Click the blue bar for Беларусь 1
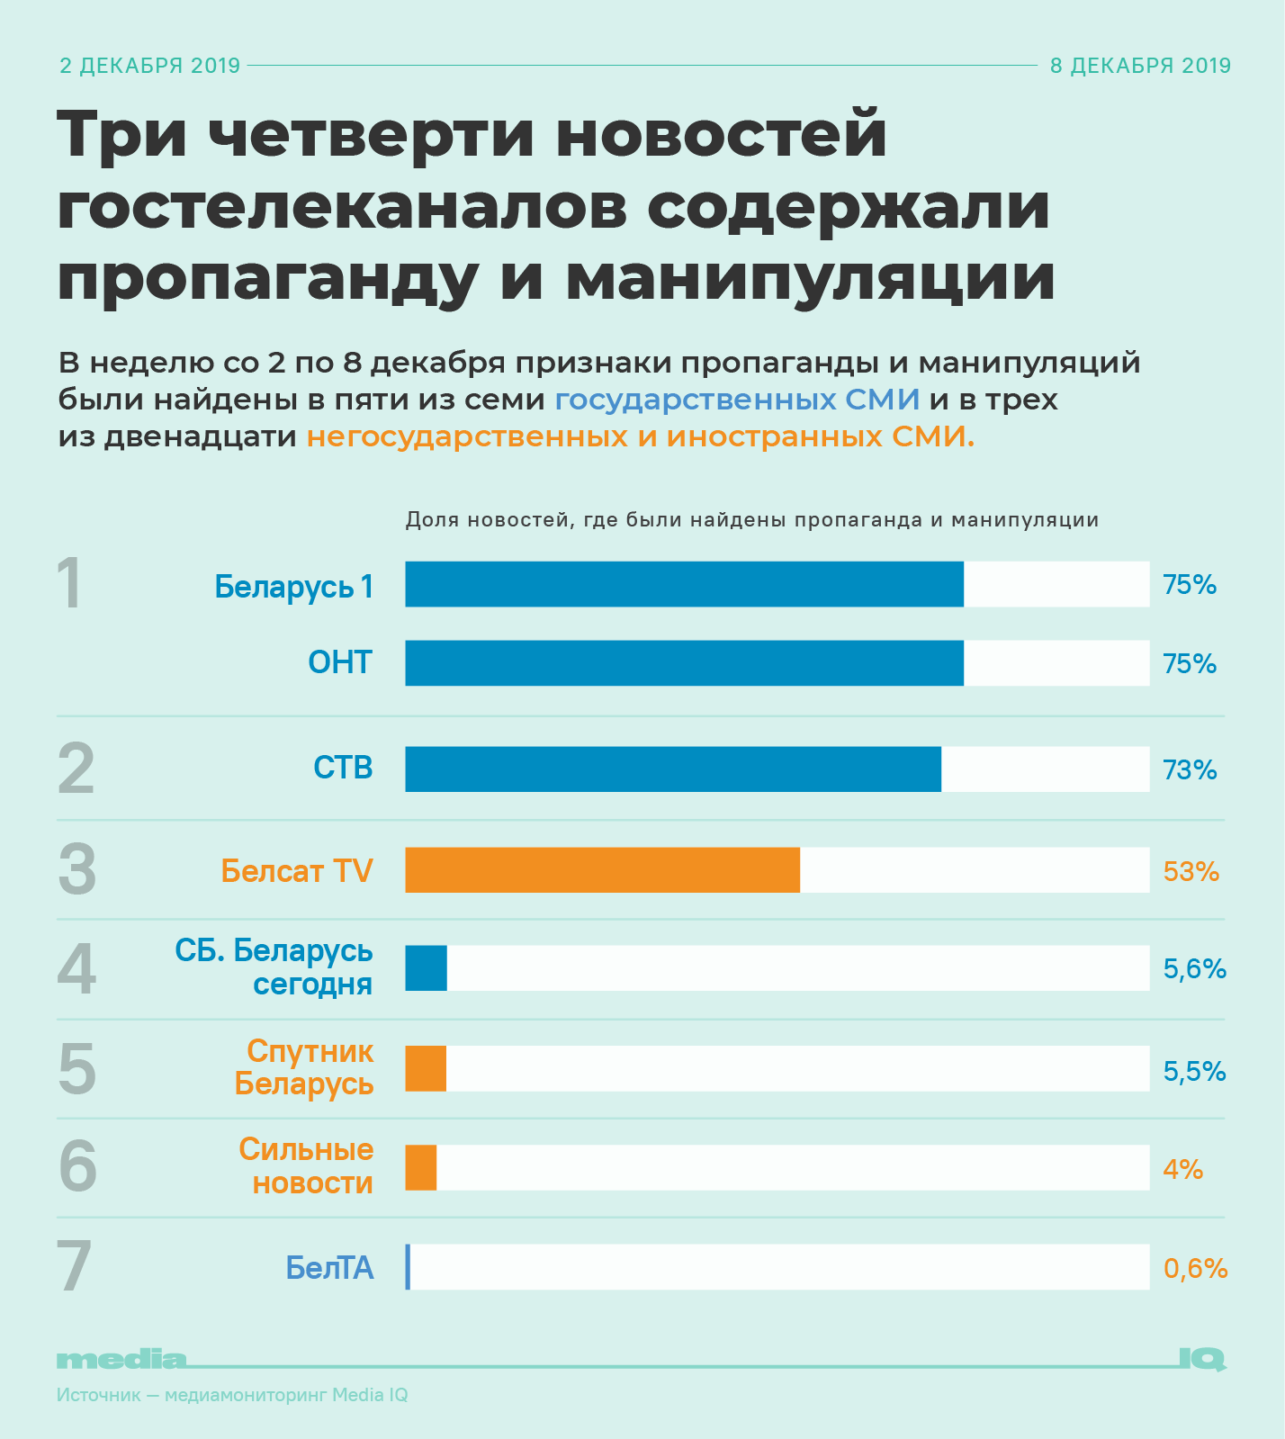pos(684,584)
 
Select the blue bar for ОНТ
pos(684,663)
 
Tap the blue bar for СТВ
pos(673,769)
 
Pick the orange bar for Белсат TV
pos(602,870)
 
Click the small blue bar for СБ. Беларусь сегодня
pos(426,968)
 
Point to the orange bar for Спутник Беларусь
pos(426,1069)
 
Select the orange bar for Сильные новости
pos(421,1168)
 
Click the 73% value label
pos(1190,770)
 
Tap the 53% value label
pos(1191,871)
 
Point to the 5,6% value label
pos(1194,969)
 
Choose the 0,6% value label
pos(1195,1268)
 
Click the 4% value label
pos(1182,1169)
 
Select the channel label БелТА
pos(329,1268)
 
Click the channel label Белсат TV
pos(297,871)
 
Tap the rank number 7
pos(75,1267)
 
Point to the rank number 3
pos(76,870)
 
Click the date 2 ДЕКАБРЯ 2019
pos(150,66)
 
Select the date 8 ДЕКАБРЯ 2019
pos(1140,66)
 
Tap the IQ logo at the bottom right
pos(1201,1359)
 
